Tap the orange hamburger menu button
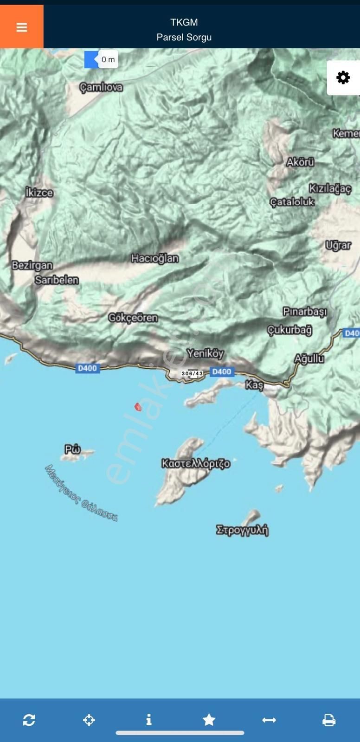click(21, 27)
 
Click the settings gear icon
click(343, 77)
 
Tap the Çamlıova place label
click(101, 87)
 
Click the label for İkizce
click(39, 192)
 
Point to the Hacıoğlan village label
click(154, 258)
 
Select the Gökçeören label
click(133, 318)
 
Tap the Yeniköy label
click(205, 353)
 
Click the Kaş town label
click(254, 385)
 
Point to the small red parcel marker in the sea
click(138, 407)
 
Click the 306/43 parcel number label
click(192, 373)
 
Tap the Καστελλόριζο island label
click(195, 463)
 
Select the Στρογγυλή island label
click(242, 530)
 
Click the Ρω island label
click(73, 449)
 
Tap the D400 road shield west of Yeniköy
click(87, 368)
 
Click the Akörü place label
click(300, 162)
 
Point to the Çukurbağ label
click(289, 330)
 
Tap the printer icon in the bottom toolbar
click(328, 720)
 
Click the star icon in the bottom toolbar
click(209, 720)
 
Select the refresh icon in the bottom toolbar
click(29, 720)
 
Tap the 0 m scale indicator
click(108, 59)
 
